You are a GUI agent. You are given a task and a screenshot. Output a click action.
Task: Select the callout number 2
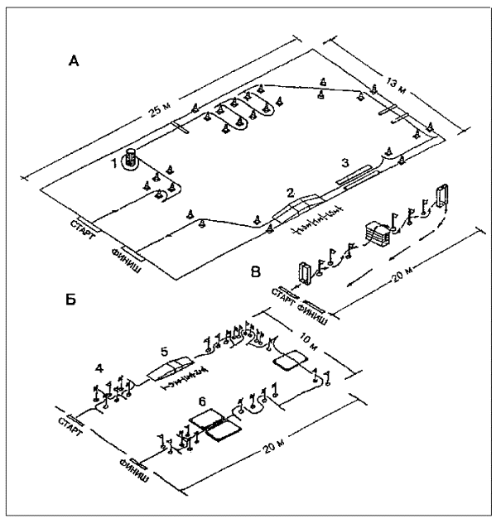(289, 192)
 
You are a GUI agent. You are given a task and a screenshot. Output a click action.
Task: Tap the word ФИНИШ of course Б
(135, 469)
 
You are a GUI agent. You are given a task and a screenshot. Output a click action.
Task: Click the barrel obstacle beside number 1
(131, 157)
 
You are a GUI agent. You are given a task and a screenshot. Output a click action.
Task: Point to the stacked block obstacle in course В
(378, 234)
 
